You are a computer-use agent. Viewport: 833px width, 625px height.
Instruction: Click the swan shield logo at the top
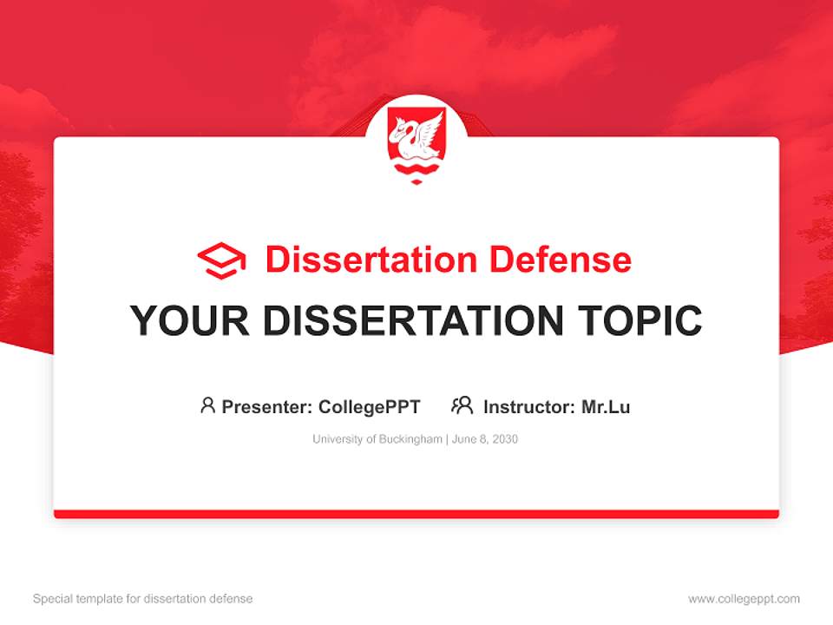point(416,141)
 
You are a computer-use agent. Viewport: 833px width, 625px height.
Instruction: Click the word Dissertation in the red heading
point(371,260)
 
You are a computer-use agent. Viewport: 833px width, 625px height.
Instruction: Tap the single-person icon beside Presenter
point(207,405)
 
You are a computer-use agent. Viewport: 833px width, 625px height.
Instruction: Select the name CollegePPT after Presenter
point(370,406)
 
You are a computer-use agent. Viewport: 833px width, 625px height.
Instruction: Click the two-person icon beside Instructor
point(462,405)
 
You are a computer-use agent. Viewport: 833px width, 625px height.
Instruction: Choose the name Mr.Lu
point(606,406)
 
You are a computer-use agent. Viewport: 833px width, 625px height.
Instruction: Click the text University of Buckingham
point(377,439)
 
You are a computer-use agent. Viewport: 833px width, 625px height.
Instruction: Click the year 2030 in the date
point(504,439)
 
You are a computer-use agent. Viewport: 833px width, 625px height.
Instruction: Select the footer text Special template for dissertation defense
point(142,599)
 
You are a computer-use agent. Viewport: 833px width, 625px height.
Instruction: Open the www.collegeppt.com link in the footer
point(744,599)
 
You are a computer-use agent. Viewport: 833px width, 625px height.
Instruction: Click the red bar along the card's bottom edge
point(416,514)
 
